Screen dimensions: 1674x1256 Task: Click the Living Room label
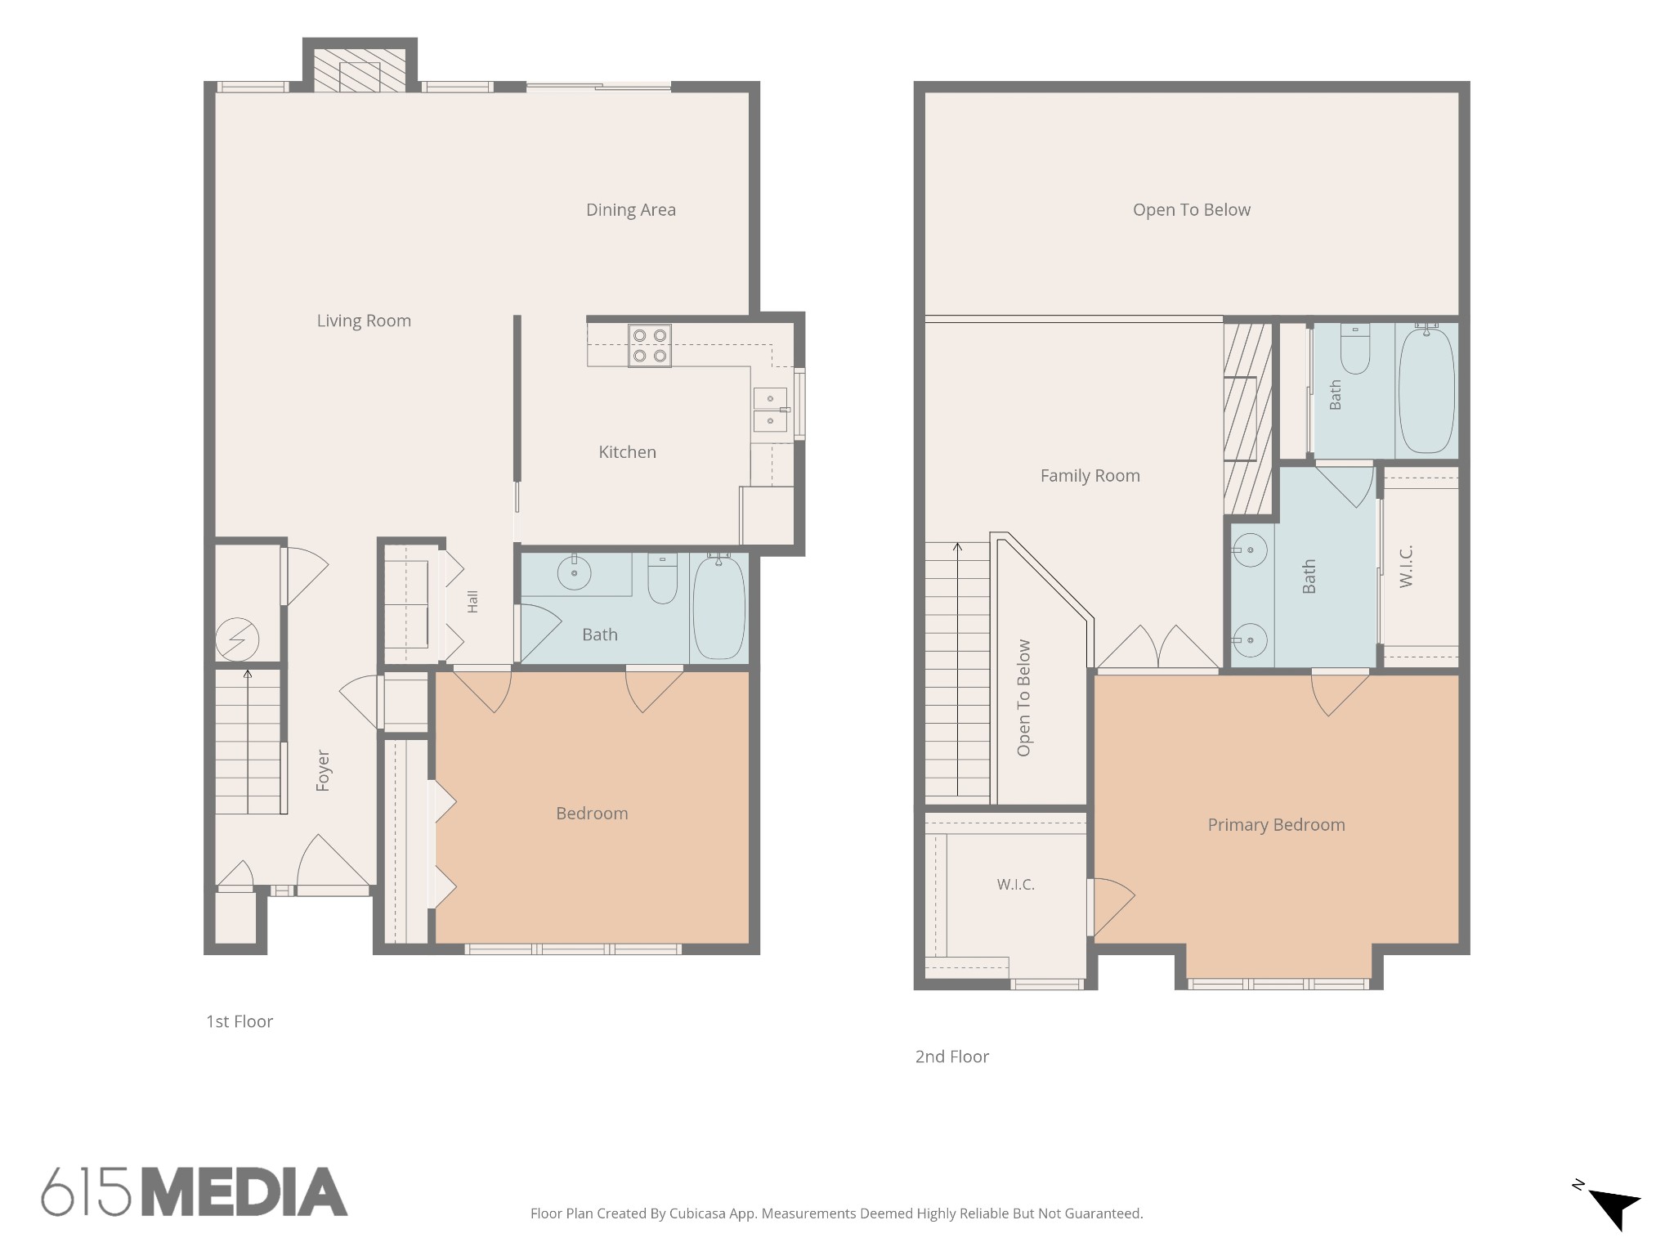(x=364, y=321)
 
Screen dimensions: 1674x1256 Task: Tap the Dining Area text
(x=631, y=210)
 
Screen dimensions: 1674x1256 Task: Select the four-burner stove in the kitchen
(x=650, y=346)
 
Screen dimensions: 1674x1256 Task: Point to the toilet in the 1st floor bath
(x=662, y=578)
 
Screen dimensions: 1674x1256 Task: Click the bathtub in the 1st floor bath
(x=719, y=607)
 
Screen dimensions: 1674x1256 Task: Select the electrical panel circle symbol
(x=237, y=640)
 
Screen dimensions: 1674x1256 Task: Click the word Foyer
(x=323, y=770)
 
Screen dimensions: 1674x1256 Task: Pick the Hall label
(x=472, y=602)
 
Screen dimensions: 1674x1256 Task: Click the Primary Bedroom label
(x=1276, y=825)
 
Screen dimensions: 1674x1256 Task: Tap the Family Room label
(x=1090, y=476)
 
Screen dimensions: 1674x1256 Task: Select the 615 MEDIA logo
(x=195, y=1192)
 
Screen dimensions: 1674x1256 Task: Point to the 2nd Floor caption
(x=952, y=1056)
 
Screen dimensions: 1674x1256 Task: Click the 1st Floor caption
(x=239, y=1021)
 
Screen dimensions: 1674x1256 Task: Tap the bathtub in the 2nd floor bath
(x=1426, y=390)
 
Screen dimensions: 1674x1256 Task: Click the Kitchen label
(x=627, y=452)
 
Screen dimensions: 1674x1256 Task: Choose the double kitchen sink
(x=771, y=410)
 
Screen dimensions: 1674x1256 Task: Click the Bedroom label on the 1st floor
(x=592, y=814)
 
